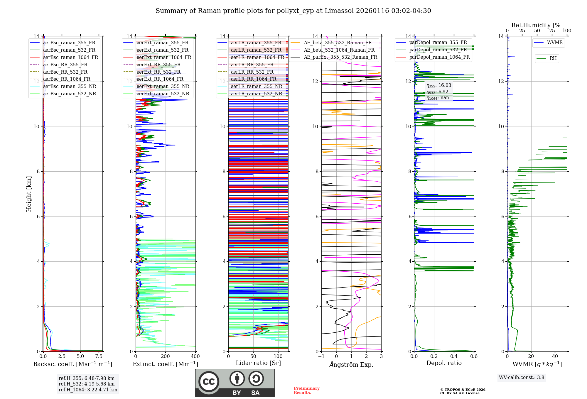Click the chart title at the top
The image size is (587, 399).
click(x=293, y=11)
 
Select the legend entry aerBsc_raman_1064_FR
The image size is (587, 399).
click(x=70, y=57)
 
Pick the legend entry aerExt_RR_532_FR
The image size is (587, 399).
click(x=158, y=72)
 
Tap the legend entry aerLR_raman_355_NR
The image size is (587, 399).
click(x=256, y=86)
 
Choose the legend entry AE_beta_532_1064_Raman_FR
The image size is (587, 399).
click(x=339, y=50)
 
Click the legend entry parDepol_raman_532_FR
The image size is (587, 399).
click(x=438, y=50)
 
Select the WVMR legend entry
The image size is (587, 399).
click(x=555, y=43)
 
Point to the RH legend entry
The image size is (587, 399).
click(x=553, y=58)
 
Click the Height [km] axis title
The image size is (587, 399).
click(x=29, y=194)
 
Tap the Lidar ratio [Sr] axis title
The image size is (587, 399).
click(x=258, y=363)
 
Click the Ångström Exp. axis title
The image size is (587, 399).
click(x=351, y=364)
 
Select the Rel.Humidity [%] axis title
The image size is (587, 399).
click(x=537, y=25)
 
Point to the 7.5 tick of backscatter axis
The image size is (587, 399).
click(x=99, y=356)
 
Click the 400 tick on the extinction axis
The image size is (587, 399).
click(x=195, y=356)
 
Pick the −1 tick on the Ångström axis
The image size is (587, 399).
click(x=321, y=356)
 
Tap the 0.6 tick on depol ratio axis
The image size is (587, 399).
click(x=474, y=356)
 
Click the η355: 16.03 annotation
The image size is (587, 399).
click(x=439, y=85)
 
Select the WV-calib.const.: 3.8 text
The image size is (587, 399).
click(x=522, y=378)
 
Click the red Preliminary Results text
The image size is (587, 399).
click(x=306, y=390)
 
